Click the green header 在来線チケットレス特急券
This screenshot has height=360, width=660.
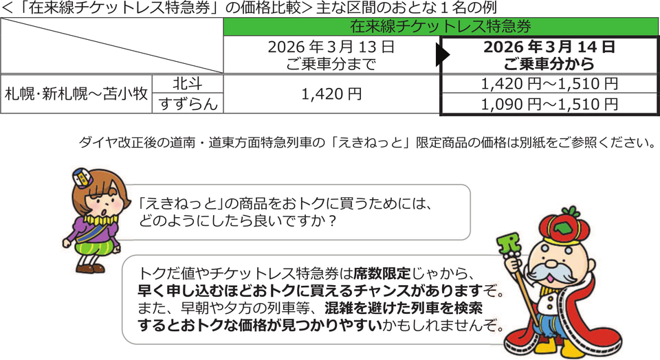(x=441, y=28)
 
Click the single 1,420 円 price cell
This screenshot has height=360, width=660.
(x=331, y=94)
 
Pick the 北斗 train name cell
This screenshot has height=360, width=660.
(x=188, y=84)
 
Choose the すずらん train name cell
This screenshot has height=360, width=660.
(x=188, y=104)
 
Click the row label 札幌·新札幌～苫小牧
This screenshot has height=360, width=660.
(x=77, y=94)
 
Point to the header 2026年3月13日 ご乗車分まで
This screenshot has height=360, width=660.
(x=331, y=56)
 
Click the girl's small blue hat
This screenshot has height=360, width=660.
(x=82, y=177)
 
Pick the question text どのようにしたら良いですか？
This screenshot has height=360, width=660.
(x=236, y=222)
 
